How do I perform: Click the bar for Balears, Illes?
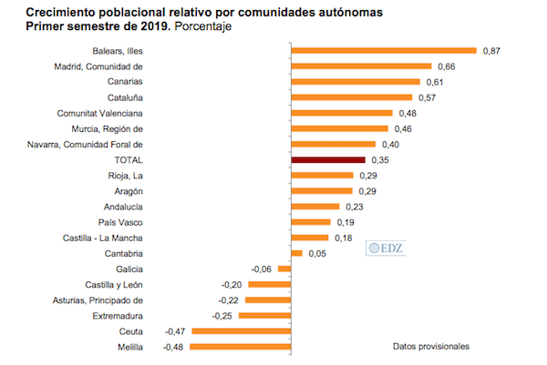383,51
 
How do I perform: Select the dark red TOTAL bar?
314,159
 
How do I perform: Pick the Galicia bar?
284,269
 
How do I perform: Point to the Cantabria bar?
295,253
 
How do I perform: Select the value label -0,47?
175,331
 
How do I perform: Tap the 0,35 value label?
351,159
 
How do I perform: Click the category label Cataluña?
122,97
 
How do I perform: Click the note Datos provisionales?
431,347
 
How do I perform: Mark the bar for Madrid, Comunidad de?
360,66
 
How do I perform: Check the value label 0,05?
317,253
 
